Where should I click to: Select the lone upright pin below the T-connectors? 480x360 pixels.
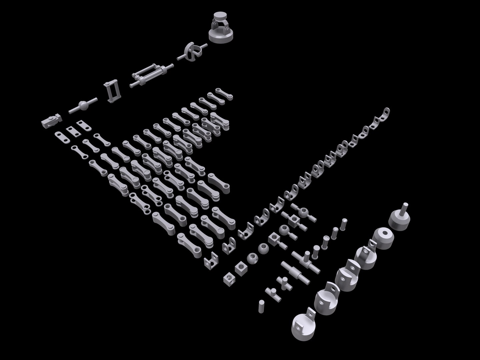[x=261, y=306]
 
